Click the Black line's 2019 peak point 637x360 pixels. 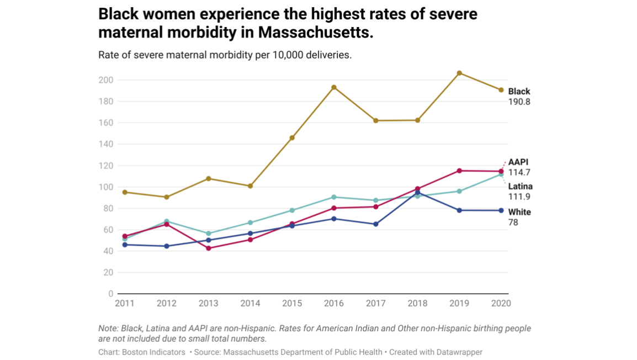(459, 73)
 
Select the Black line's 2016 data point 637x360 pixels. (334, 87)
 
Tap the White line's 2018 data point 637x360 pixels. (417, 193)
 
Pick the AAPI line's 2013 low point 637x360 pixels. (209, 248)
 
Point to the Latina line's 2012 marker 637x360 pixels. (167, 221)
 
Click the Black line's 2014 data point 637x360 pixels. (250, 186)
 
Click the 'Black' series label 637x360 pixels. (519, 92)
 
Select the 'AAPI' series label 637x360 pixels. (518, 162)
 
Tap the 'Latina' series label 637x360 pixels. (520, 187)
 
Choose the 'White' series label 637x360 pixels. (519, 212)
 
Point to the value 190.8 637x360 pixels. (519, 102)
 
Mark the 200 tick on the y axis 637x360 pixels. (107, 80)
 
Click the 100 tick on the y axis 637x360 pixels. (107, 187)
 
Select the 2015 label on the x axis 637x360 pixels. (292, 304)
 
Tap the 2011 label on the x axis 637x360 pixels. (125, 304)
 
